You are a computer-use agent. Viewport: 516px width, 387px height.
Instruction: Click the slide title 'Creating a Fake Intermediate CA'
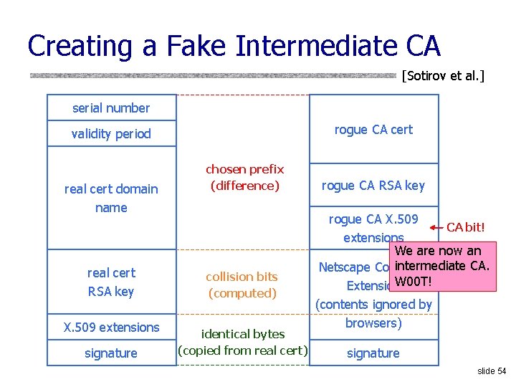(x=234, y=46)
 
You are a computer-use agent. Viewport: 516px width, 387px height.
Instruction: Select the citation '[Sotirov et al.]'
(x=443, y=75)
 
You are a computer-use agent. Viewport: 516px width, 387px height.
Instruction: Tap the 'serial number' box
(x=111, y=108)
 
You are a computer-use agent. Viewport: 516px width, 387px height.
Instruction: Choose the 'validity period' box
(x=111, y=134)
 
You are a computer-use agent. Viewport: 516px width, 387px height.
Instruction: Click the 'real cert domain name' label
(x=111, y=198)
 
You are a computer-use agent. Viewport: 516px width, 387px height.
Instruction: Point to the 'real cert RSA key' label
(x=111, y=282)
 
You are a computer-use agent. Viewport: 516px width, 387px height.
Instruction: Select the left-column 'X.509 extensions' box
(x=111, y=328)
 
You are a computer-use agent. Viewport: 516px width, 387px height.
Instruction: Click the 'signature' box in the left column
(x=111, y=353)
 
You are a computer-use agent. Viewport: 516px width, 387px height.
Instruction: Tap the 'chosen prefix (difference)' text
(x=244, y=178)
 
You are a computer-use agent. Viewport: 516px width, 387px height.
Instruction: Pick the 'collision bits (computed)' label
(x=242, y=285)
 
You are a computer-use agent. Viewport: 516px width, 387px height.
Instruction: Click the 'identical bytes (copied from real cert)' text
(x=242, y=342)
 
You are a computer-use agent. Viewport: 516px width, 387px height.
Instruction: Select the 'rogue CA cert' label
(x=373, y=130)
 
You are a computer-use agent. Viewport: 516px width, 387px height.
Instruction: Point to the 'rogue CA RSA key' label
(x=373, y=186)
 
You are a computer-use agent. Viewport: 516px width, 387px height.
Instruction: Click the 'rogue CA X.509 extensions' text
(x=373, y=228)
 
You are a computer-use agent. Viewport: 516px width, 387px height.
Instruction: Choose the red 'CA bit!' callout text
(x=466, y=228)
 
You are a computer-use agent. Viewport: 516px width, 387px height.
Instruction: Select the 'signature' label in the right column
(x=373, y=353)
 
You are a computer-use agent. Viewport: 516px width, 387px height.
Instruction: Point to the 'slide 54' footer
(x=491, y=371)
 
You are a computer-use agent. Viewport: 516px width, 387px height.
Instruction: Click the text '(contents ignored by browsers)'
(x=373, y=314)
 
